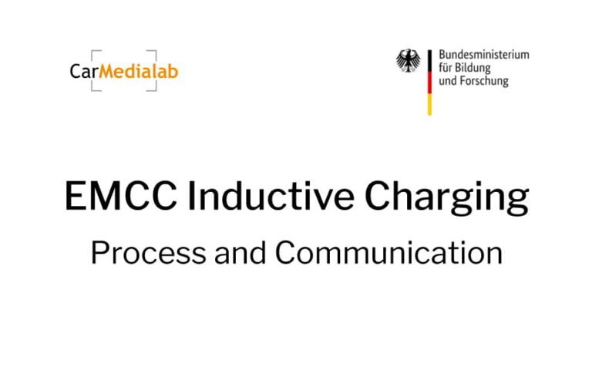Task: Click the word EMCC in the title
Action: click(x=121, y=196)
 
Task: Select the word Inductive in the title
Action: click(x=271, y=196)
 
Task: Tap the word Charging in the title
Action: click(x=446, y=197)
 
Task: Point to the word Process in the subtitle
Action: click(x=148, y=252)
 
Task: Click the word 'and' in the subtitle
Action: click(x=240, y=252)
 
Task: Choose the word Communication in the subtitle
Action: click(x=388, y=252)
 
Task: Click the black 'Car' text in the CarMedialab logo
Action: click(x=84, y=72)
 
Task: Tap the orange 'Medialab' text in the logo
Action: click(x=139, y=71)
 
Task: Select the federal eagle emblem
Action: click(x=408, y=60)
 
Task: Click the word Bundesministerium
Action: click(x=483, y=55)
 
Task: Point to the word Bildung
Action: click(x=473, y=69)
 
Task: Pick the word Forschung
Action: click(x=485, y=81)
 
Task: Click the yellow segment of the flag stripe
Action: click(x=429, y=104)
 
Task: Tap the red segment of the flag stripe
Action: click(x=429, y=83)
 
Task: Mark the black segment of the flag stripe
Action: click(x=429, y=61)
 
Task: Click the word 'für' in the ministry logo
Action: click(x=446, y=68)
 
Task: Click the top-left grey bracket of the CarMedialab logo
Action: click(x=93, y=52)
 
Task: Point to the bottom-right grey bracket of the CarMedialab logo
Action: click(x=153, y=89)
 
